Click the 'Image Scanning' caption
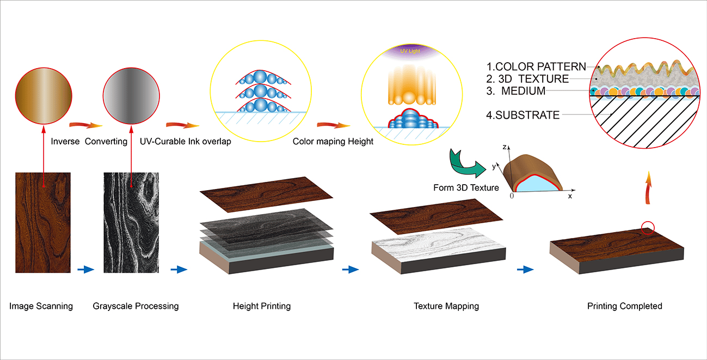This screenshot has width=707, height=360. click(41, 306)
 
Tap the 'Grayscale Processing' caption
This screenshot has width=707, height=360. click(136, 306)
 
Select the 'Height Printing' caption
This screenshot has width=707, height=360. click(261, 306)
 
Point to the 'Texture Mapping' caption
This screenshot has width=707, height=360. click(446, 306)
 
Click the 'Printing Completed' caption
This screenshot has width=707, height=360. click(624, 306)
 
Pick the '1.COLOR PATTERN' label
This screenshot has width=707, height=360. click(536, 67)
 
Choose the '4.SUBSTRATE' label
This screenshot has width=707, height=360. click(523, 115)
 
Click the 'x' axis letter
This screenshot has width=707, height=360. click(570, 196)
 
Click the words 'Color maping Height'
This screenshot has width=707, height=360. click(333, 142)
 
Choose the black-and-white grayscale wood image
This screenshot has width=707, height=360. click(132, 223)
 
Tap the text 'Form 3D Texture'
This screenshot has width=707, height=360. click(466, 188)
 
